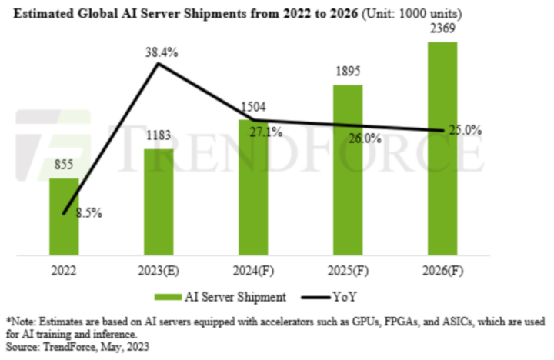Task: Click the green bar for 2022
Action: click(x=65, y=219)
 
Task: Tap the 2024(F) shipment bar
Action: click(x=253, y=188)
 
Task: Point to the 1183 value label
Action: click(x=159, y=135)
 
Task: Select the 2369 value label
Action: click(x=442, y=28)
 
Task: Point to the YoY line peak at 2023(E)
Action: click(x=159, y=64)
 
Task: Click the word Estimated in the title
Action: click(x=39, y=12)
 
